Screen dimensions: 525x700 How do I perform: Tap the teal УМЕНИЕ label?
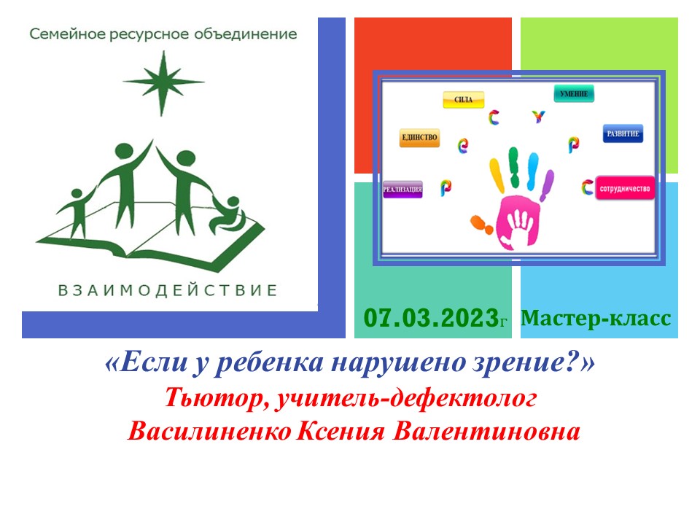click(x=575, y=93)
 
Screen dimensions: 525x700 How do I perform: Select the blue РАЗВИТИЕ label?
click(x=623, y=134)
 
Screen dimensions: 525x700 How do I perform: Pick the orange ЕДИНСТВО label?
click(x=419, y=138)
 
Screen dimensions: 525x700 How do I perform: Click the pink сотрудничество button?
click(x=625, y=188)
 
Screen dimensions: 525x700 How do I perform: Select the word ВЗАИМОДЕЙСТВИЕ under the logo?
click(x=168, y=290)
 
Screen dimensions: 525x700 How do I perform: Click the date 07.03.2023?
click(x=430, y=319)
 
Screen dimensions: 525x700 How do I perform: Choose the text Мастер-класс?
click(x=596, y=319)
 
